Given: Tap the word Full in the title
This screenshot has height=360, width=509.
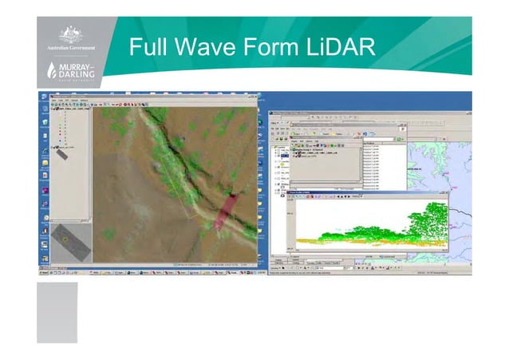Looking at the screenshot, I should [x=151, y=48].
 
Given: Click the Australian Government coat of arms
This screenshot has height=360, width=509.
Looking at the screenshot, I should [x=69, y=35].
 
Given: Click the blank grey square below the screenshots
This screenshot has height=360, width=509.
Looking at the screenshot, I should [x=57, y=311].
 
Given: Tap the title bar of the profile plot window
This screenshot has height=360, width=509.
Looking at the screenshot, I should [x=359, y=194].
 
